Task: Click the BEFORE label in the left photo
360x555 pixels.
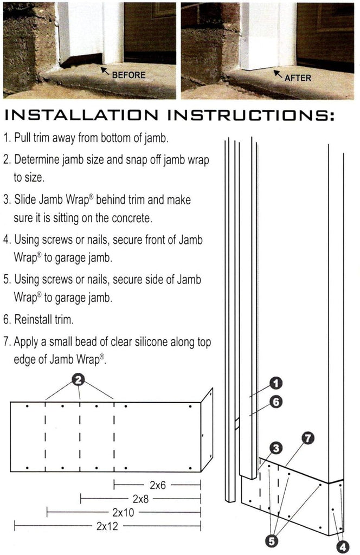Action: [x=128, y=74]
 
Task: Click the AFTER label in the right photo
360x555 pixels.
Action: [x=298, y=78]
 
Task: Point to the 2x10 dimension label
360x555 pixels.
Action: [x=123, y=512]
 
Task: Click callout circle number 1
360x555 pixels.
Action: [x=275, y=384]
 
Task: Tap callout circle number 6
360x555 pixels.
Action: [x=275, y=402]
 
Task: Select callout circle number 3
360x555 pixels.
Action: [x=276, y=448]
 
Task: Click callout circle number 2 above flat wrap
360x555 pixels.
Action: [x=80, y=380]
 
